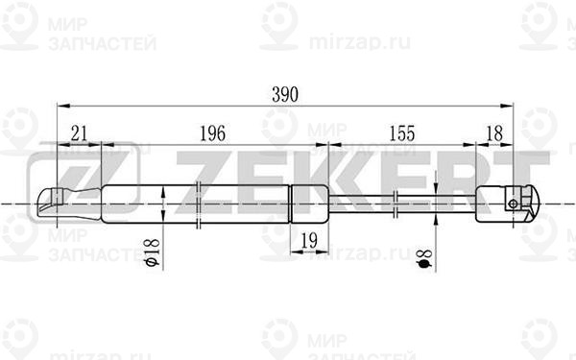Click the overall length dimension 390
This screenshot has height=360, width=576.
click(285, 95)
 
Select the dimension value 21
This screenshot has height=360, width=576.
click(79, 133)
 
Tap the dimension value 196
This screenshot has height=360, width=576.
click(212, 133)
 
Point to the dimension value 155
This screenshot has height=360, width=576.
click(402, 133)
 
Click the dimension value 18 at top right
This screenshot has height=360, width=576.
click(494, 133)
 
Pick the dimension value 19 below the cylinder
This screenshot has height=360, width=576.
click(309, 241)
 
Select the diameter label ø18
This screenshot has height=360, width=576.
click(152, 252)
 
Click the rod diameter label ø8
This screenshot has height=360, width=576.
click(425, 258)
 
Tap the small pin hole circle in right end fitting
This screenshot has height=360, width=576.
click(514, 204)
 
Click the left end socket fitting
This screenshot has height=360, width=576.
click(69, 204)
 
